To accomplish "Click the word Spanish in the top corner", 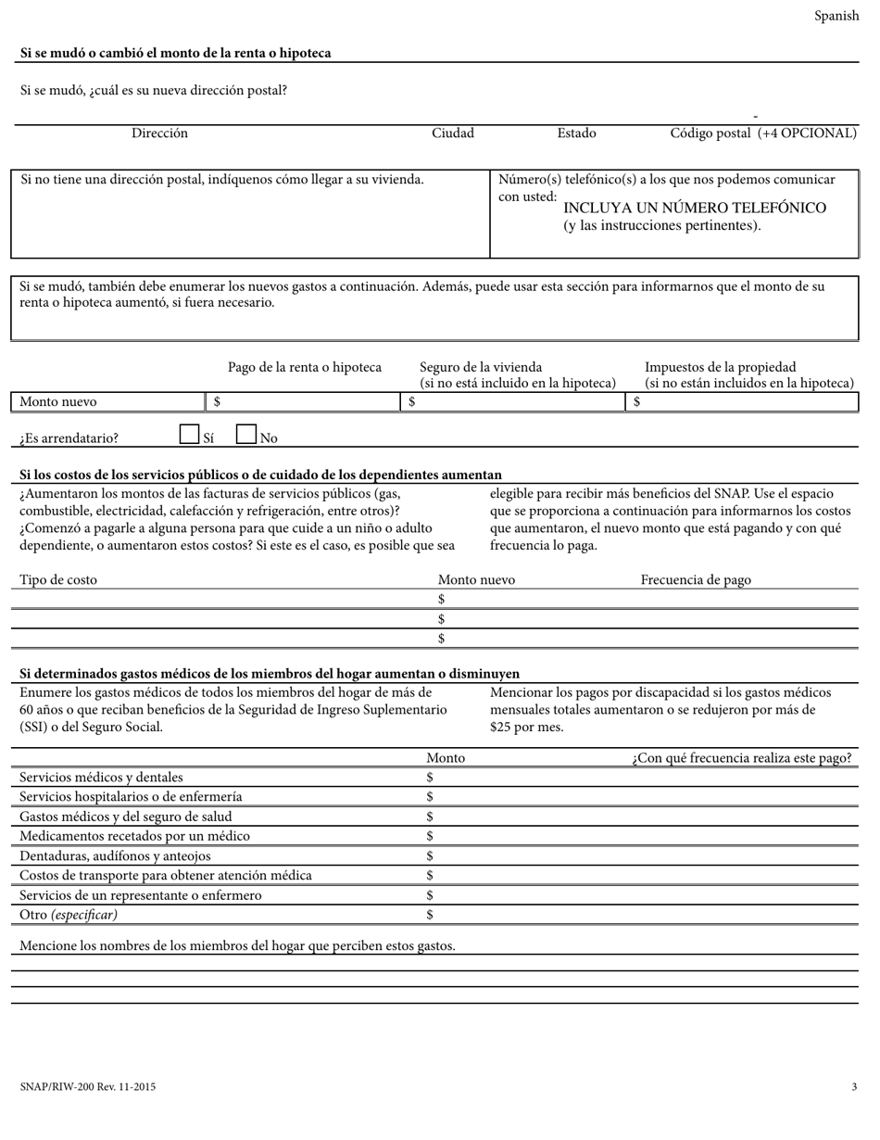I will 836,16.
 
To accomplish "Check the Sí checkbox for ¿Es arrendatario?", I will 189,434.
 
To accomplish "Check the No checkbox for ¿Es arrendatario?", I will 246,434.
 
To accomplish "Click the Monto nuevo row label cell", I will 107,402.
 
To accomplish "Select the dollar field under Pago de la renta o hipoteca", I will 303,402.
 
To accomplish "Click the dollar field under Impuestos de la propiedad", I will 744,402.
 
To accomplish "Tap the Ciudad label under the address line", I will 453,133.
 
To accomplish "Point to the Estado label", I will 576,133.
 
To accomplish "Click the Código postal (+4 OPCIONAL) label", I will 763,133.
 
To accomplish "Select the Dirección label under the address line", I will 159,133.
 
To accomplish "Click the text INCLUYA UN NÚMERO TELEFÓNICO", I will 695,208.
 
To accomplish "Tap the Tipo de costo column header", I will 58,580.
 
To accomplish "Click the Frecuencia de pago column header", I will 696,580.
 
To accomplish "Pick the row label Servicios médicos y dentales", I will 102,778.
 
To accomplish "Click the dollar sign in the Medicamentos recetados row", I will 430,836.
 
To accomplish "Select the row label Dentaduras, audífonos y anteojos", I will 115,856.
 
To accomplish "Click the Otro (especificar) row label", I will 69,915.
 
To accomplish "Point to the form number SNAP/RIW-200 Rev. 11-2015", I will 88,1087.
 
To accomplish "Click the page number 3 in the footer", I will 854,1087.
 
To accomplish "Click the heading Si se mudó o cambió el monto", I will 175,54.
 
